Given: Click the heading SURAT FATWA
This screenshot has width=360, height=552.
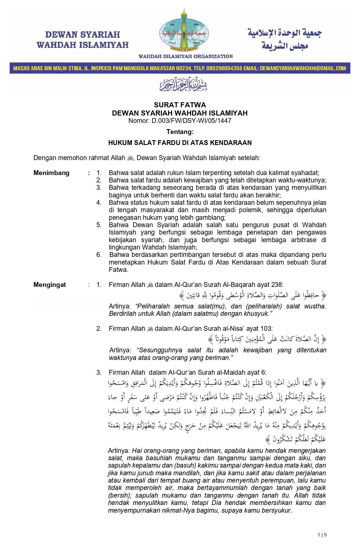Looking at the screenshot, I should point(180,105).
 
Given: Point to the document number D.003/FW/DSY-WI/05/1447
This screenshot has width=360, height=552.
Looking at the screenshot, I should point(191,121).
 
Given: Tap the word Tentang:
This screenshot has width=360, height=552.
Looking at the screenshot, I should point(180,132).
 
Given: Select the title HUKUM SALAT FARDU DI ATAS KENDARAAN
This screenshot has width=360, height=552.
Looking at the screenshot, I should point(180,142).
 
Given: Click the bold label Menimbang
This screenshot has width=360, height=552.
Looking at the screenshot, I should point(51,173).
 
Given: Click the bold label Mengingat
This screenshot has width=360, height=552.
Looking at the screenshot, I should point(50,285).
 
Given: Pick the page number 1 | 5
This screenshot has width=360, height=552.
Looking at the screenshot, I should point(322,535).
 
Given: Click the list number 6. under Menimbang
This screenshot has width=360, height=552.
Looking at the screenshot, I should point(99,255).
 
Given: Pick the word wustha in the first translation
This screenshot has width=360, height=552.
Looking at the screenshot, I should point(315,306).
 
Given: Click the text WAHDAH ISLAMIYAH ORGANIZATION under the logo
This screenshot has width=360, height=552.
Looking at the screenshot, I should point(186,56).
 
